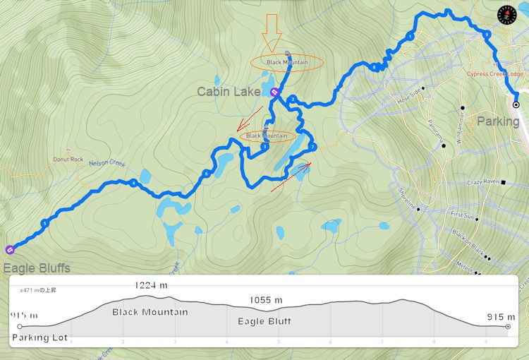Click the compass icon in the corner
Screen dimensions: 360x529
click(x=507, y=14)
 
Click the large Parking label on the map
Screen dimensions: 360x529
click(x=498, y=121)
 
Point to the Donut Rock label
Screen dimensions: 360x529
click(x=68, y=160)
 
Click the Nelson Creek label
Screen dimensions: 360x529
click(x=107, y=163)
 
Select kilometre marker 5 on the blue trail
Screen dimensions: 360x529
click(x=44, y=224)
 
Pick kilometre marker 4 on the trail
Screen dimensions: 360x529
click(x=133, y=184)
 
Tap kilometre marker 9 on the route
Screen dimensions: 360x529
click(x=487, y=34)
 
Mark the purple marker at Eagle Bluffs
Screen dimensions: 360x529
click(x=9, y=249)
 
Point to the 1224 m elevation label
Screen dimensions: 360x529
click(x=151, y=285)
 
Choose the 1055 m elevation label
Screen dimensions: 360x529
click(x=265, y=300)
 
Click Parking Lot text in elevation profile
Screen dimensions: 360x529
click(x=39, y=338)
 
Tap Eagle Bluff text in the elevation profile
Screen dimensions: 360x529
click(x=265, y=322)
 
